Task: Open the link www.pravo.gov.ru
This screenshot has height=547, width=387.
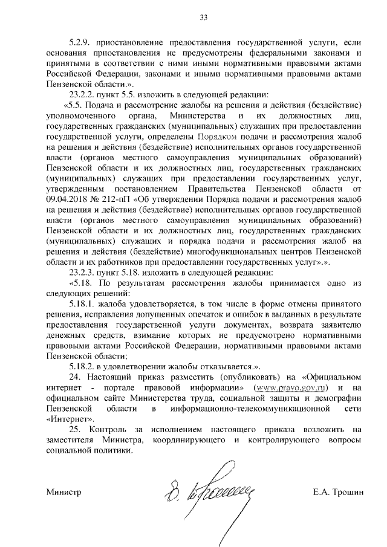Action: tap(290, 387)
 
